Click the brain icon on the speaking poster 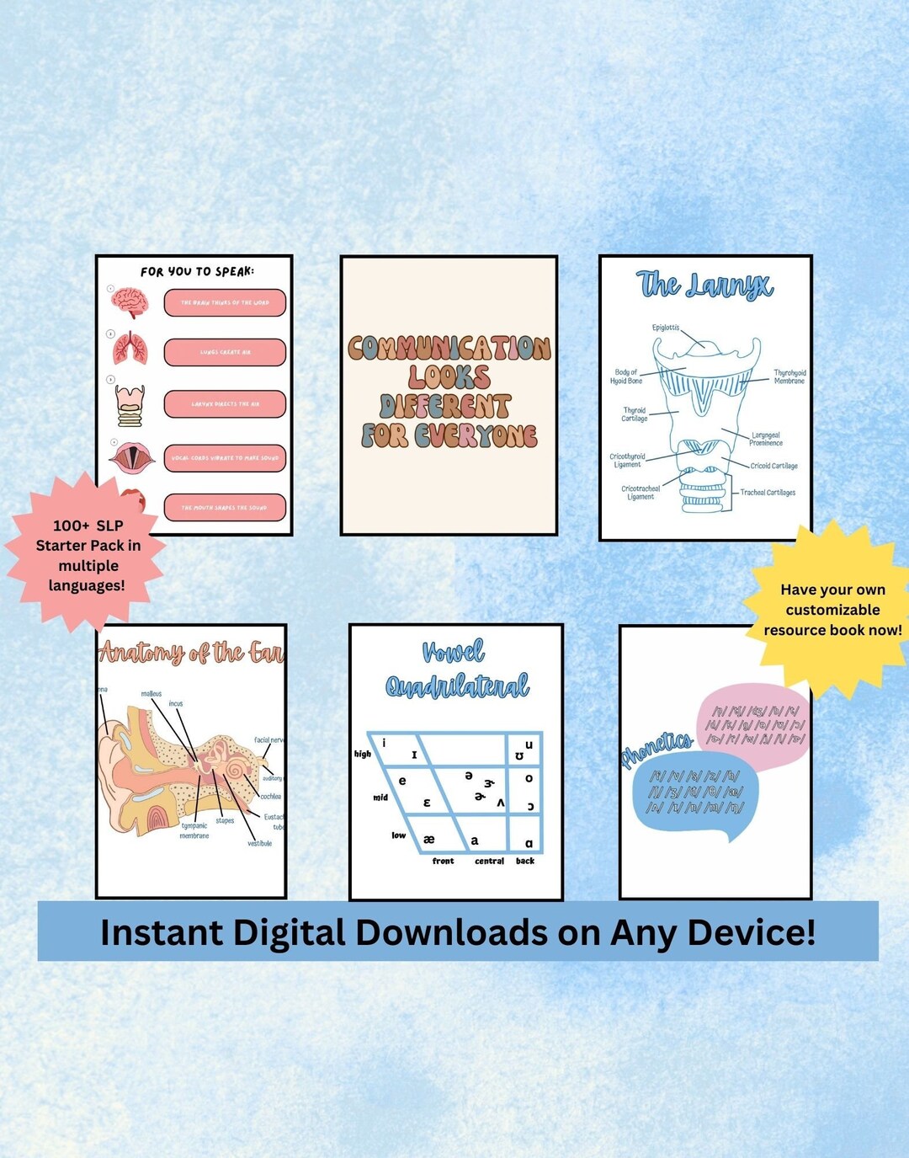(x=130, y=302)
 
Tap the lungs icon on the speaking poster (x=130, y=349)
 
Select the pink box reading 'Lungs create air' (x=225, y=352)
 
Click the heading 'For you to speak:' (x=197, y=271)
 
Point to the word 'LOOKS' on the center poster (x=449, y=376)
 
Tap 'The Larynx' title (x=704, y=285)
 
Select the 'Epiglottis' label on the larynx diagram (x=665, y=328)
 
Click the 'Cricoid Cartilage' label (x=773, y=466)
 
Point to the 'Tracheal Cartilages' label (x=768, y=493)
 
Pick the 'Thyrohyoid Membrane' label (x=789, y=376)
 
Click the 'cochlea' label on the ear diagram (x=270, y=796)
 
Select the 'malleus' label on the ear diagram (x=151, y=694)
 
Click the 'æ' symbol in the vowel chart (x=429, y=839)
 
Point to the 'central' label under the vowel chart (x=489, y=861)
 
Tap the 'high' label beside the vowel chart (x=363, y=754)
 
